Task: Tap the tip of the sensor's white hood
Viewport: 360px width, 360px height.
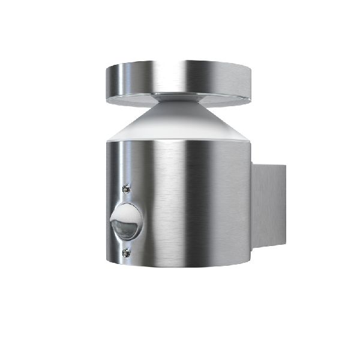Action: tap(112, 216)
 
